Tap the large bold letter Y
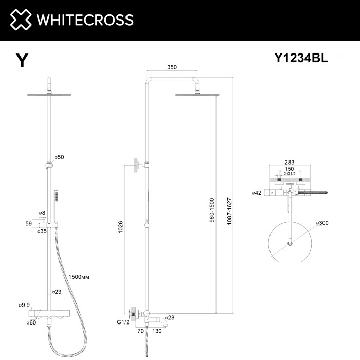pyautogui.click(x=22, y=61)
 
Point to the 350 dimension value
pyautogui.click(x=173, y=67)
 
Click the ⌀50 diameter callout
pyautogui.click(x=58, y=157)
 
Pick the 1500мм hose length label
pyautogui.click(x=79, y=277)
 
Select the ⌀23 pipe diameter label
pyautogui.click(x=57, y=292)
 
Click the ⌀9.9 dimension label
pyautogui.click(x=25, y=304)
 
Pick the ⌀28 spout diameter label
pyautogui.click(x=170, y=318)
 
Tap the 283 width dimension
pyautogui.click(x=290, y=161)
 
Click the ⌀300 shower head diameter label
pyautogui.click(x=323, y=223)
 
